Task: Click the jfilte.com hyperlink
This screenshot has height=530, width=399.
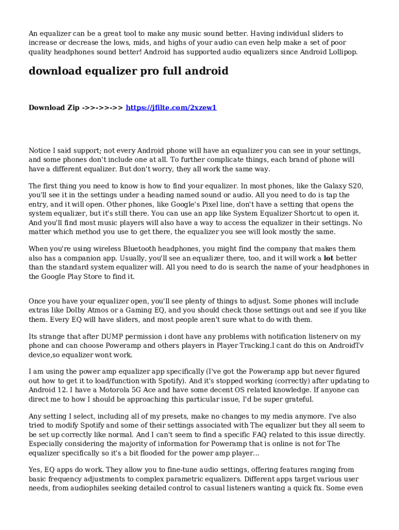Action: pyautogui.click(x=171, y=108)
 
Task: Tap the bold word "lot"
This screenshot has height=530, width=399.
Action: pyautogui.click(x=329, y=258)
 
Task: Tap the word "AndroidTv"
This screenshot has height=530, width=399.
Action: pyautogui.click(x=341, y=346)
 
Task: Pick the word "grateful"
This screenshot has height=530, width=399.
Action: pyautogui.click(x=297, y=400)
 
